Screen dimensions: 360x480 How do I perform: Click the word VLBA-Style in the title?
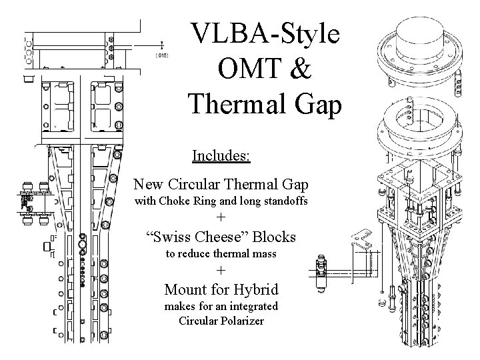[x=265, y=33]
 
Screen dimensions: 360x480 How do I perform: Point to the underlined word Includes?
[x=221, y=156]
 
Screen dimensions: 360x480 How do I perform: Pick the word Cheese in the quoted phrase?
[x=225, y=236]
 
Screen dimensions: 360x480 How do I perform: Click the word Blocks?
[x=275, y=236]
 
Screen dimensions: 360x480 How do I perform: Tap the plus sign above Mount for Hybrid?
[x=222, y=271]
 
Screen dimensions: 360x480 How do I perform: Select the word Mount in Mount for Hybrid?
[x=186, y=289]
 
